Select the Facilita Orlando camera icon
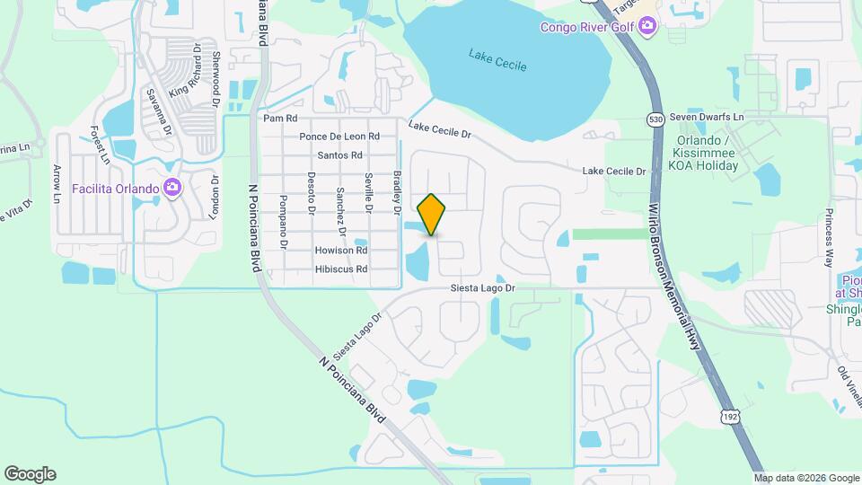(x=172, y=189)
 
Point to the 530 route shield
(x=654, y=119)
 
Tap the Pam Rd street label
(x=279, y=119)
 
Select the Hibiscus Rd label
(x=341, y=269)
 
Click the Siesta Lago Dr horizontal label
(x=483, y=288)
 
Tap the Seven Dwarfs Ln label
(x=708, y=118)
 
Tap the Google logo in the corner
(x=30, y=474)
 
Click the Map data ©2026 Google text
(x=805, y=478)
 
